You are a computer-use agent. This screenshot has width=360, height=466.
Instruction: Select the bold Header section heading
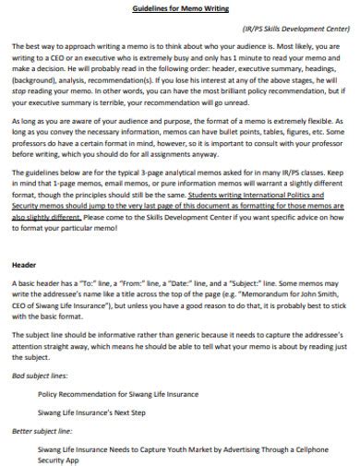[x=26, y=264]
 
